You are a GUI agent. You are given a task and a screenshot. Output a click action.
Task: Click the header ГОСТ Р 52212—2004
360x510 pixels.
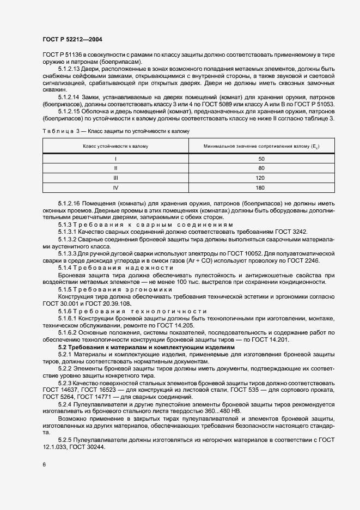pos(72,40)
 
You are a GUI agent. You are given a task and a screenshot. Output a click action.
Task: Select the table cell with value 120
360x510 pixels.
pos(260,178)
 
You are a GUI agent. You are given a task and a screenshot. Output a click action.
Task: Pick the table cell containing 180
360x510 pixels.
pos(260,188)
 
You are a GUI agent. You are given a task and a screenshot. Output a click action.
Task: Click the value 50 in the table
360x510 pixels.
pos(260,159)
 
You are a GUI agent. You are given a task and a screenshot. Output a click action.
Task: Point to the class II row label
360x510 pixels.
pos(115,168)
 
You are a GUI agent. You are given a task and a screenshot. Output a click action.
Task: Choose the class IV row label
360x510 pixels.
pos(115,188)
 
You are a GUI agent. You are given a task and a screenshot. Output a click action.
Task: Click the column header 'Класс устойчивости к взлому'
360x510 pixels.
pos(115,147)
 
